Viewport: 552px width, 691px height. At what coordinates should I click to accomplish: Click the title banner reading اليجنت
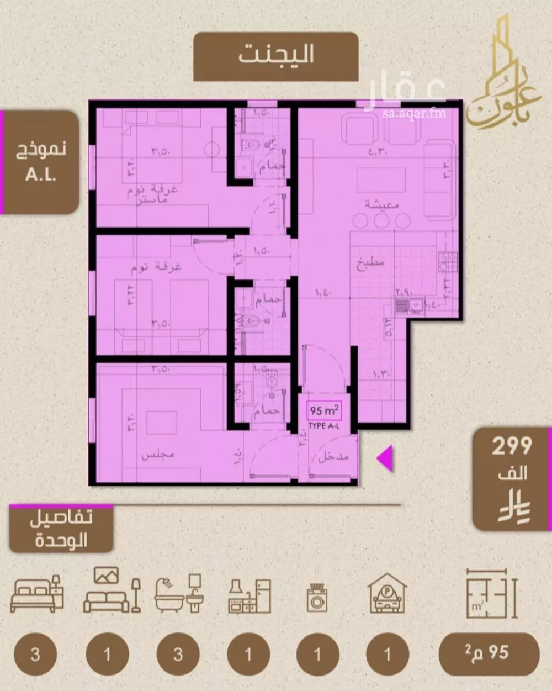(x=276, y=56)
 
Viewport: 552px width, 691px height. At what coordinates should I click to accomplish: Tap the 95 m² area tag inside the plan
(x=324, y=411)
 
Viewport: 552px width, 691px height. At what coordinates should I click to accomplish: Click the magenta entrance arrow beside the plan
(x=385, y=458)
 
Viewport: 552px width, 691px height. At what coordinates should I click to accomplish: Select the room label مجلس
(x=158, y=455)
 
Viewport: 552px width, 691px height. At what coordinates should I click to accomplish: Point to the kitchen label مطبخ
(x=370, y=263)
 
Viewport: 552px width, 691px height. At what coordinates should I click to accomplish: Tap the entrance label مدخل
(x=333, y=457)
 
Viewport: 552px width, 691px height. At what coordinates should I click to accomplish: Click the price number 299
(x=512, y=446)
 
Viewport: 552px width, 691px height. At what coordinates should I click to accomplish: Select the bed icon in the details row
(x=36, y=594)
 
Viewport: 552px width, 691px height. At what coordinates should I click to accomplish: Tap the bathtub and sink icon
(x=179, y=593)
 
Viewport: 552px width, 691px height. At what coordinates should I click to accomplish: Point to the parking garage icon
(x=388, y=592)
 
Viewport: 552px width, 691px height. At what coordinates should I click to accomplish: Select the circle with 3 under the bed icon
(x=35, y=655)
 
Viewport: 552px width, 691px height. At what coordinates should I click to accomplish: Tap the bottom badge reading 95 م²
(x=489, y=655)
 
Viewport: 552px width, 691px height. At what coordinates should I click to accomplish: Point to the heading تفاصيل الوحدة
(x=61, y=529)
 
